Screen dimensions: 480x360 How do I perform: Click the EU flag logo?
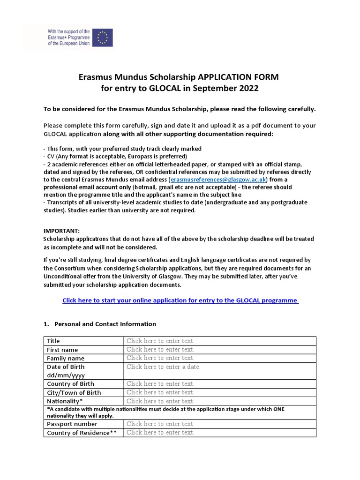(102, 37)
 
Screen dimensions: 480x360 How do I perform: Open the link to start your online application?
(180, 300)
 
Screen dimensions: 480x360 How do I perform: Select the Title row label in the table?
(53, 341)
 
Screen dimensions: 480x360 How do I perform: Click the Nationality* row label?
(65, 401)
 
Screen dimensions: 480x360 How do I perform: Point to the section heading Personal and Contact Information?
(105, 324)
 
